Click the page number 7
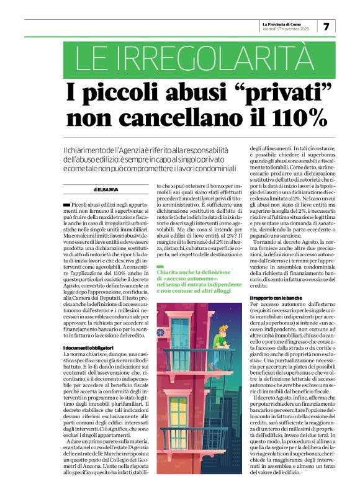326,26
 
